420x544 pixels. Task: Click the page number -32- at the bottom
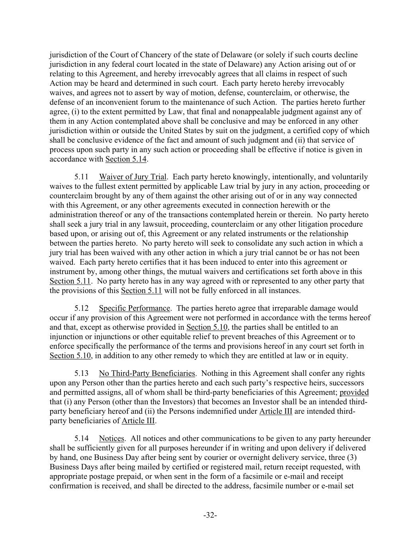click(210, 515)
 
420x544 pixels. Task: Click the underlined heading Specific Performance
click(135, 308)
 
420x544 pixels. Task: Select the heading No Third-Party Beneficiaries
click(147, 373)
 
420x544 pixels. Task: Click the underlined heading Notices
click(111, 438)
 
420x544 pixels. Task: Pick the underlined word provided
click(354, 392)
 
